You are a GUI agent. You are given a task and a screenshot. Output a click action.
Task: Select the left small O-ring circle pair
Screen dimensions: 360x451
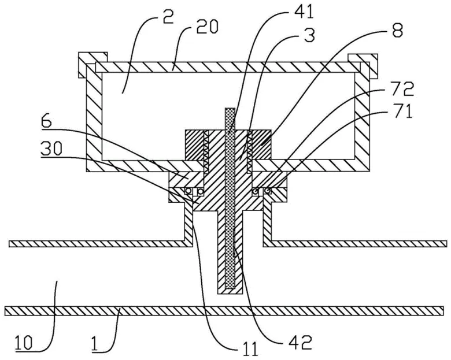pyautogui.click(x=194, y=191)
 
